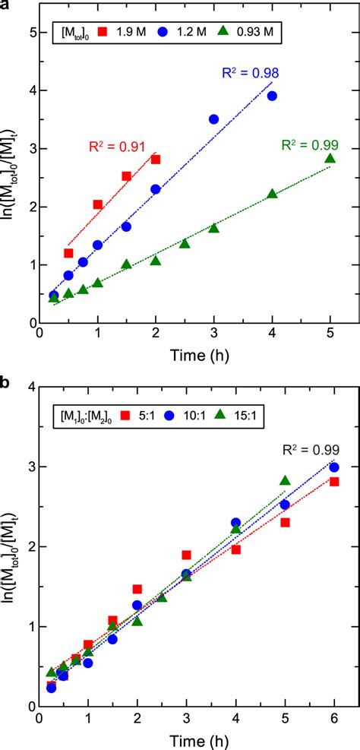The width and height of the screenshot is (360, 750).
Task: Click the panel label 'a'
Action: [6, 6]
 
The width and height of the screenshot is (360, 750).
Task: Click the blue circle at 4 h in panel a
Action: [272, 96]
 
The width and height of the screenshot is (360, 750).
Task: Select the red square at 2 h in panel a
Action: [156, 159]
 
